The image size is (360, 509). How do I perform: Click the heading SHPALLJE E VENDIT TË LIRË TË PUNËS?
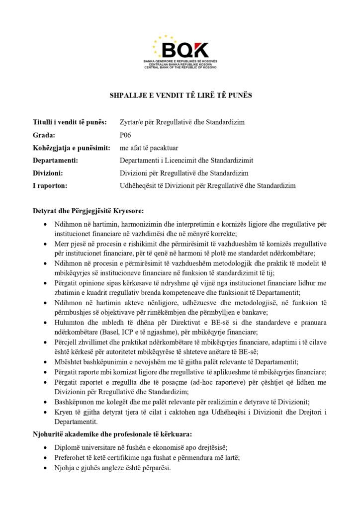coord(180,95)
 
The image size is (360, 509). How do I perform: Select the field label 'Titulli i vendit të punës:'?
coord(70,122)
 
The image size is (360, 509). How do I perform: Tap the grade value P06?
coord(125,135)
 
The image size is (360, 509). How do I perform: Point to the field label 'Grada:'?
coord(44,135)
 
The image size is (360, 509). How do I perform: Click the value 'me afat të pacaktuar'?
coord(149,148)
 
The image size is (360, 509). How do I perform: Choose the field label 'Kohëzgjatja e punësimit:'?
coord(71,148)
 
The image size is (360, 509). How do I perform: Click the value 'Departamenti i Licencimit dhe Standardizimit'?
coord(186,161)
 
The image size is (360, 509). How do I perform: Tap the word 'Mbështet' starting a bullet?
coord(68,362)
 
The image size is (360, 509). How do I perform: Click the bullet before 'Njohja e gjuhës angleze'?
coord(47,468)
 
